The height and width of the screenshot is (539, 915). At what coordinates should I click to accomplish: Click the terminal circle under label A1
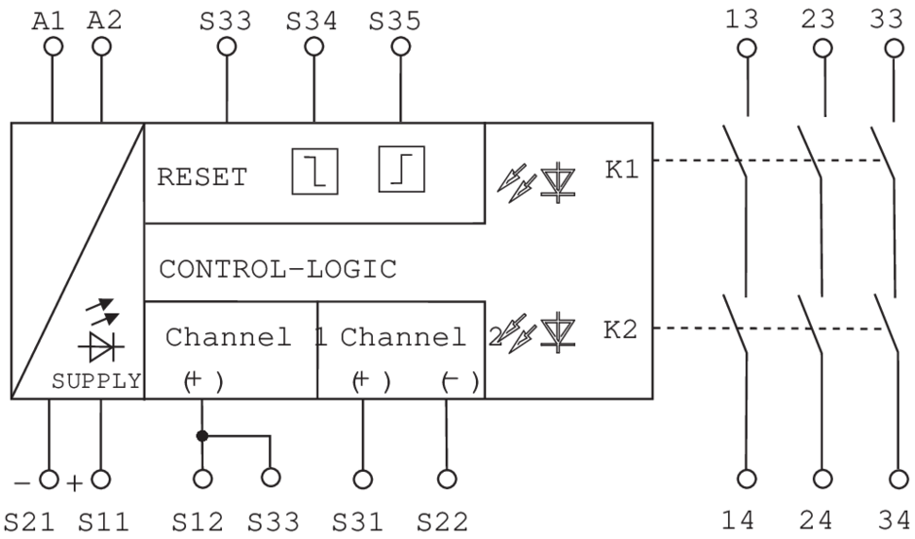tap(54, 46)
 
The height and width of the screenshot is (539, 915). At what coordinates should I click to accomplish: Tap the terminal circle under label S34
tap(312, 46)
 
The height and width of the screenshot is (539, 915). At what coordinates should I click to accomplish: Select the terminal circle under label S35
tap(398, 46)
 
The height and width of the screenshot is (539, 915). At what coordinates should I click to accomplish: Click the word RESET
tap(201, 178)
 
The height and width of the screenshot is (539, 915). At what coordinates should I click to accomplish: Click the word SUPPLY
tap(96, 381)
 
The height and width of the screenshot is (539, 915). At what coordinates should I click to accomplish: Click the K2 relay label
tap(622, 330)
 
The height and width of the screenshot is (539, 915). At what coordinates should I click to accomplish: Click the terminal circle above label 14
tap(747, 479)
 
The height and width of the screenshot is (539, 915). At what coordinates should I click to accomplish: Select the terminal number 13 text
tap(746, 18)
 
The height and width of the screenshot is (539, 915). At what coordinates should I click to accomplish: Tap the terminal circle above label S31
tap(363, 479)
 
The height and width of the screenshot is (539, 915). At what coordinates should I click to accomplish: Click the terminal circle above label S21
tap(49, 479)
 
